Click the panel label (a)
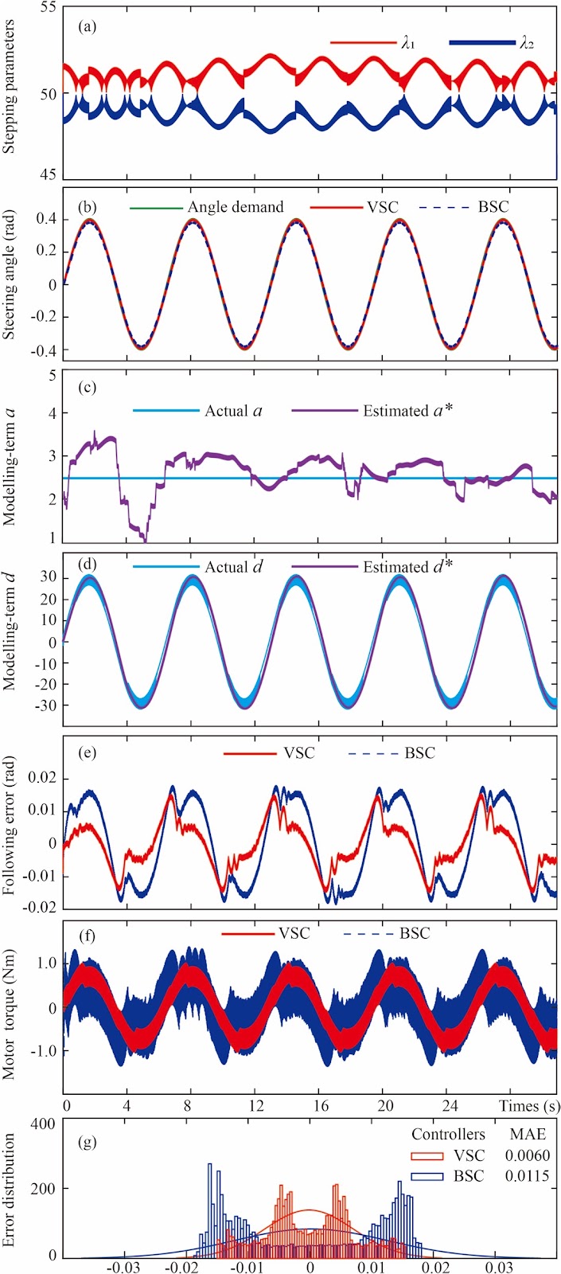[88, 26]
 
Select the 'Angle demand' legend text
[236, 206]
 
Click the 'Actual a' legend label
[233, 411]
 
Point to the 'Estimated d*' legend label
[408, 567]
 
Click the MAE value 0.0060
[528, 1155]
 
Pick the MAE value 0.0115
[528, 1175]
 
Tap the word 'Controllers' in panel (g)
[449, 1134]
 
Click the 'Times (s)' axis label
[528, 1106]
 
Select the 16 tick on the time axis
[321, 1106]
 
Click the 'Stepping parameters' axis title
[10, 87]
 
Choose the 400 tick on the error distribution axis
[43, 1124]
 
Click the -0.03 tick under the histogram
[123, 1267]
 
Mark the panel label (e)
[88, 752]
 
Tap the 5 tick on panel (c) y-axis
[53, 376]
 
